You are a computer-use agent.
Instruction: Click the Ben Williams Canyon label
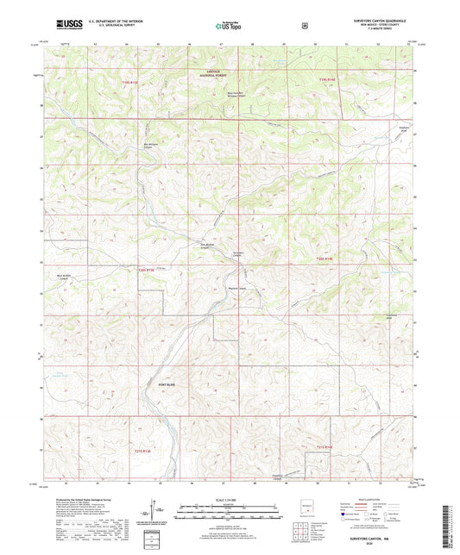coord(151,145)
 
